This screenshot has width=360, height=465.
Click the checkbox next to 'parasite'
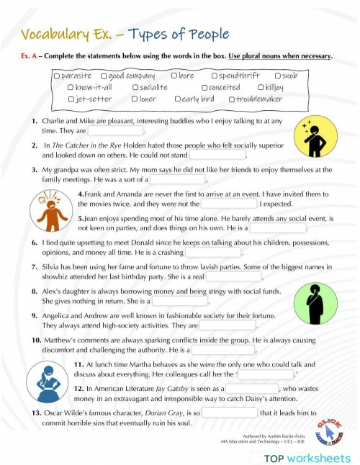pyautogui.click(x=57, y=76)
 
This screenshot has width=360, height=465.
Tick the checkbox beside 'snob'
pyautogui.click(x=278, y=76)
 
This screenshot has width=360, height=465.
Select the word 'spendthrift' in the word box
pyautogui.click(x=235, y=76)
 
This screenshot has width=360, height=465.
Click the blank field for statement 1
pyautogui.click(x=115, y=132)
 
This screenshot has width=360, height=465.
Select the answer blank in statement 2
pyautogui.click(x=217, y=155)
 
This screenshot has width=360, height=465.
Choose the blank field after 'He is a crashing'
pyautogui.click(x=213, y=253)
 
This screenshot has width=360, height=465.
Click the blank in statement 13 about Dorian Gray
pyautogui.click(x=230, y=412)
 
